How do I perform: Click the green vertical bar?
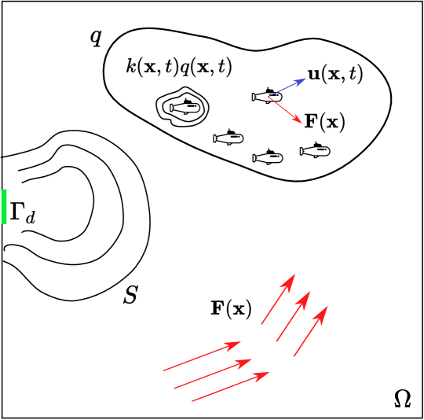coord(4,206)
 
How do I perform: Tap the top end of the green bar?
coord(4,190)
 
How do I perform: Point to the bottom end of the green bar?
coord(4,223)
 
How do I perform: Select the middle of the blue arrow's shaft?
coord(286,87)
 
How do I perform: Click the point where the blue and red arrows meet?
coord(268,97)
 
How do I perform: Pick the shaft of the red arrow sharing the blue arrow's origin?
coord(284,109)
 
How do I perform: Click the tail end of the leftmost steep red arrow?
coord(261,324)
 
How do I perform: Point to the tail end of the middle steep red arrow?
coord(276,341)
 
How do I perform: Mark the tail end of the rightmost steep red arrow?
coord(294,356)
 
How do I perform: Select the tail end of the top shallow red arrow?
coord(163,370)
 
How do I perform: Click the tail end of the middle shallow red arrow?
coord(174,388)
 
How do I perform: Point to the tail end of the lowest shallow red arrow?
coord(192,401)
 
